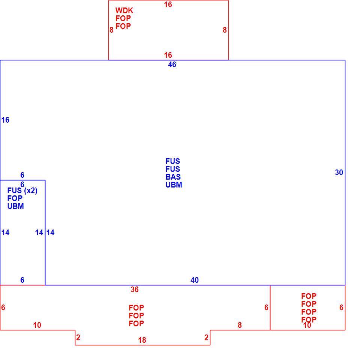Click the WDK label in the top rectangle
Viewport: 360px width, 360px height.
tap(124, 10)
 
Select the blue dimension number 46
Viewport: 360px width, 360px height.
tap(172, 64)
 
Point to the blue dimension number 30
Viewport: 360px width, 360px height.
tap(339, 172)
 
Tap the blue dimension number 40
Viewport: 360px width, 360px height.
tap(195, 280)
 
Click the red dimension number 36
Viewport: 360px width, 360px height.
tap(135, 289)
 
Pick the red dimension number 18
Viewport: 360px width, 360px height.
tap(142, 340)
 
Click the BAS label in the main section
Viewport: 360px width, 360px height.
tap(173, 177)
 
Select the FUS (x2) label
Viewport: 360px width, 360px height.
tap(22, 190)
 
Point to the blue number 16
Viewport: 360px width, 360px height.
tap(5, 120)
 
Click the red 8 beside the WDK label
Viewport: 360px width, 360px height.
tap(111, 30)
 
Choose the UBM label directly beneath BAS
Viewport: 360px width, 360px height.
tap(174, 185)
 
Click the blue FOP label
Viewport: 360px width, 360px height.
tap(15, 198)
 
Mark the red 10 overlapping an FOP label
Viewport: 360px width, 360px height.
tap(307, 325)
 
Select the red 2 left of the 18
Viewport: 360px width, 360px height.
tap(78, 337)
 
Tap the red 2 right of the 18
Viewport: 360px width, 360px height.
tap(206, 337)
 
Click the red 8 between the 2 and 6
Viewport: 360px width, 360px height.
tap(240, 325)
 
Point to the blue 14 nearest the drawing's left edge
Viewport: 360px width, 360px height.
tap(5, 232)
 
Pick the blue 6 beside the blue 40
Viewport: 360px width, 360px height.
tap(22, 280)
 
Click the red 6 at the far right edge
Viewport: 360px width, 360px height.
tap(341, 307)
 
